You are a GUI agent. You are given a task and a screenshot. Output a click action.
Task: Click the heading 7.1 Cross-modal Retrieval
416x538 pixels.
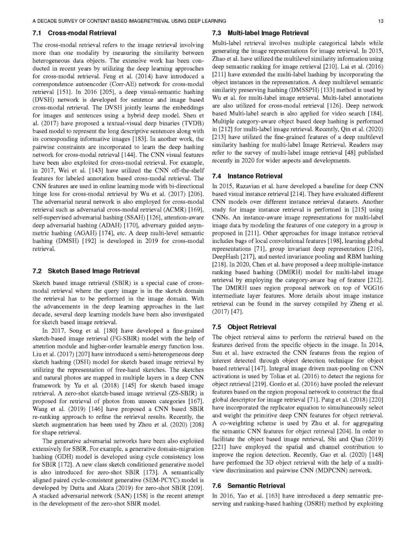[74, 33]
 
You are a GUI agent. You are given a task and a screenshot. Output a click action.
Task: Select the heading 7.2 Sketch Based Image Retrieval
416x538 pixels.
[86, 271]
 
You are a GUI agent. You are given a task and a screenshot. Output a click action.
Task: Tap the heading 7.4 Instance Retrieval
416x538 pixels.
[247, 176]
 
